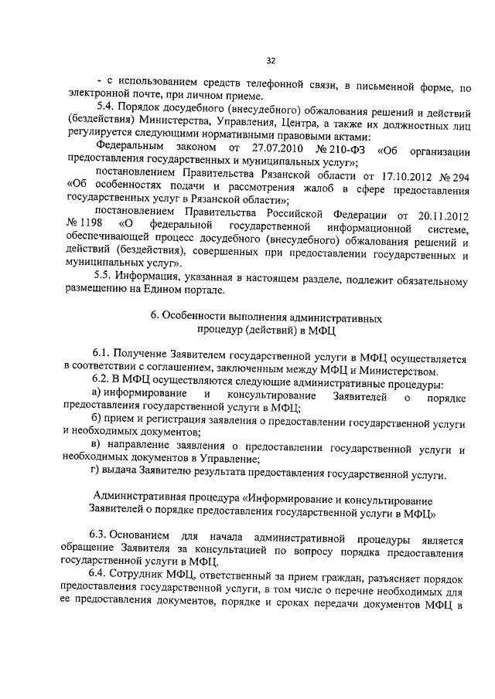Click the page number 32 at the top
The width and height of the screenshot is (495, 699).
coord(271,61)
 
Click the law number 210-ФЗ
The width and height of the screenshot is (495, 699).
coord(342,148)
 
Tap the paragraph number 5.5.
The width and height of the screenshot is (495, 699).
coord(104,277)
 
